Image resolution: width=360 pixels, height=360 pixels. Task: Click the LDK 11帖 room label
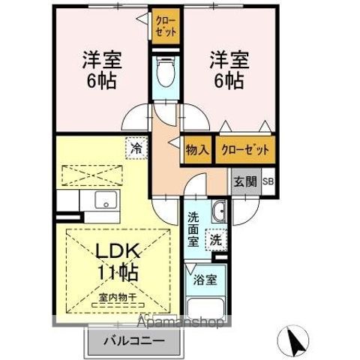[115, 259]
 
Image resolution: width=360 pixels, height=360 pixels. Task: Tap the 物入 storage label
[196, 149]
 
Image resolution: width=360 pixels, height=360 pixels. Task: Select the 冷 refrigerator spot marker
[136, 148]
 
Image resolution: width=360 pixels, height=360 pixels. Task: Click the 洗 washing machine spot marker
[215, 240]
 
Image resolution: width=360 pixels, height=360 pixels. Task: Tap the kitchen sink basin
[104, 201]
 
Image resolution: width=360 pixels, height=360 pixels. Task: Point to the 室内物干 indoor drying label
[116, 298]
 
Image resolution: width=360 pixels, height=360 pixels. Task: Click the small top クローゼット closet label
[166, 28]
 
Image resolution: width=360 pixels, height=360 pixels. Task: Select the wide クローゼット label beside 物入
[244, 149]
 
